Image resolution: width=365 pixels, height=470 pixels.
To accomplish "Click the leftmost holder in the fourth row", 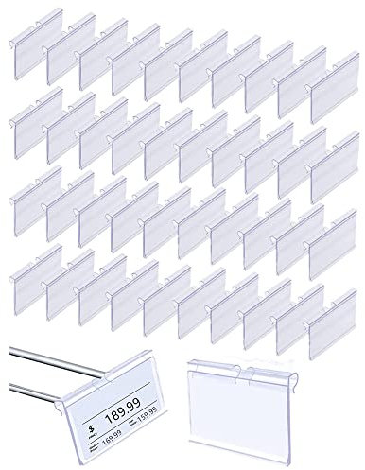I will pos(37,274).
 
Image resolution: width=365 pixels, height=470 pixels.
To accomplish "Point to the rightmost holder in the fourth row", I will pos(330,312).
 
